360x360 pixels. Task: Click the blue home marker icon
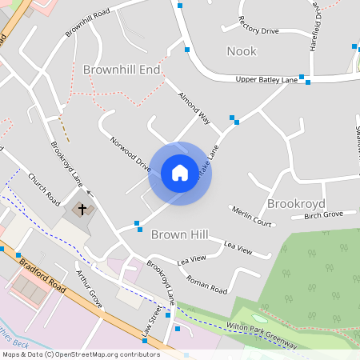[180, 173]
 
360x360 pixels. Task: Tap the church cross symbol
[82, 210]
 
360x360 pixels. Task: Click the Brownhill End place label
[122, 70]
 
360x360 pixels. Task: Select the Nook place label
[242, 51]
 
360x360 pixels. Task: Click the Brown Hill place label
[179, 234]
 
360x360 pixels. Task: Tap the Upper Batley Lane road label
[266, 80]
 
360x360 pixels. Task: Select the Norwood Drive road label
[131, 153]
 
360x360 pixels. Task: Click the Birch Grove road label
[323, 214]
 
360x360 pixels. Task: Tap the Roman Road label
[206, 284]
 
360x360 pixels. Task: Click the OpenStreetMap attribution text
[81, 354]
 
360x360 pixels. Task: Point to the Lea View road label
[238, 249]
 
